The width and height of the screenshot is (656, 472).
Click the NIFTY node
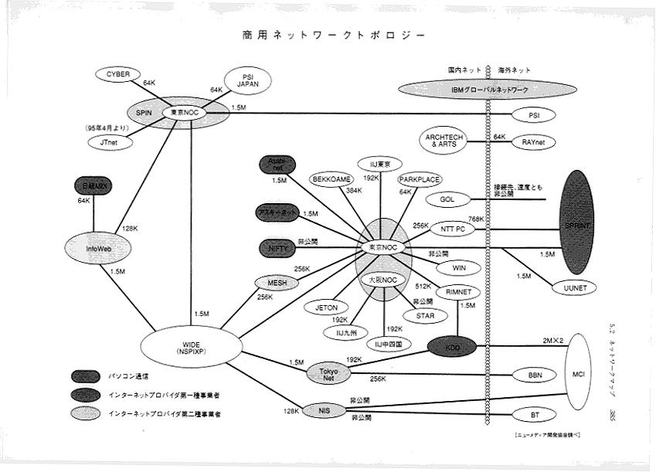click(x=277, y=249)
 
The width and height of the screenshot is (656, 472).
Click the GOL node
click(x=447, y=199)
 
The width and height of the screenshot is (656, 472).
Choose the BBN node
click(x=534, y=375)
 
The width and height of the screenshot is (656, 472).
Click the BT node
click(x=534, y=415)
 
